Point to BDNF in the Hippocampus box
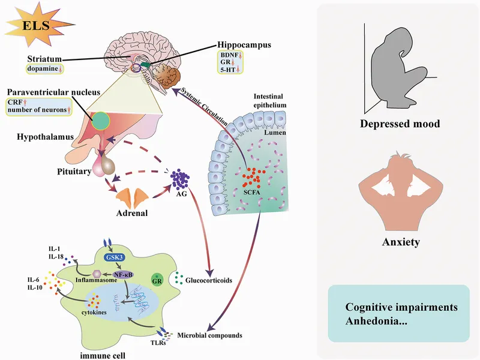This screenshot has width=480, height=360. [x=230, y=55]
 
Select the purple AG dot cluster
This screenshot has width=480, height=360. [x=181, y=180]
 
